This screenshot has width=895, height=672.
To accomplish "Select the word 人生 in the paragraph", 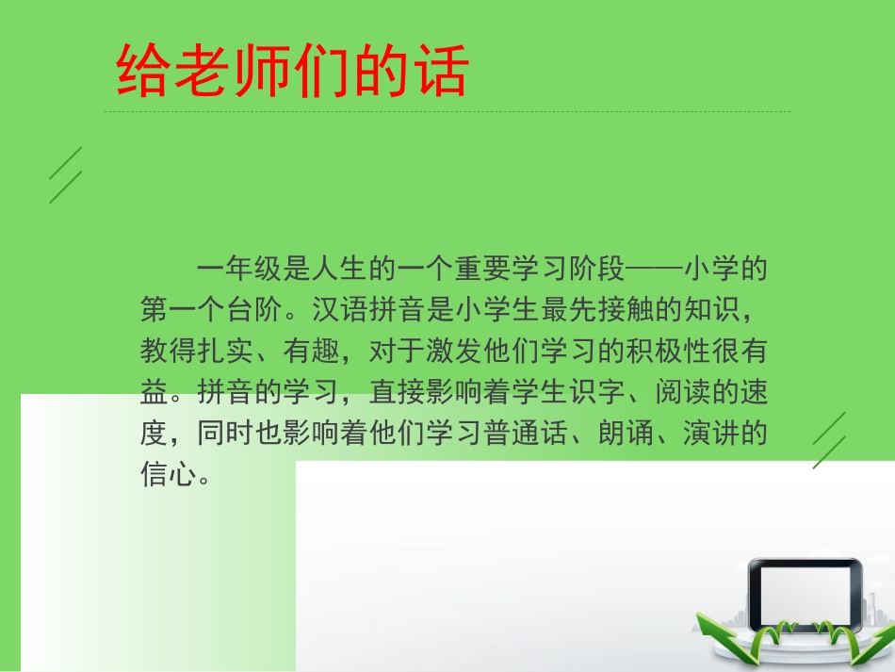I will coord(340,269).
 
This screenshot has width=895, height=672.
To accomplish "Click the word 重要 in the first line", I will coord(483,269).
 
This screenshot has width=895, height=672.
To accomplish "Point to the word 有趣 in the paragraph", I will coord(312,350).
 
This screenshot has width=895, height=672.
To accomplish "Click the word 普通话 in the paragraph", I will coord(526,433).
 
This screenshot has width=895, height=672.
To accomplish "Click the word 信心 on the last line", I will coord(169,473).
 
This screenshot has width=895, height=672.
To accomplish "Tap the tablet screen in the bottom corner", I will coord(804,594).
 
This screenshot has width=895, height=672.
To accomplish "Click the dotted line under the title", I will coord(447,112).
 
